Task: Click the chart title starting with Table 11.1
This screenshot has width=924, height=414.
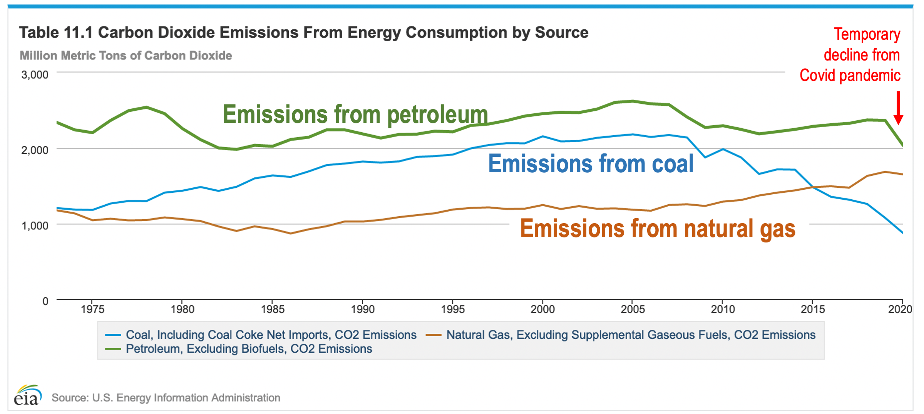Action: tap(303, 32)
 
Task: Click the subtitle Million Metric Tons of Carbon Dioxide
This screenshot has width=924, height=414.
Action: tap(126, 56)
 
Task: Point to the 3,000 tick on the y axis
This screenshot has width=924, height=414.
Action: tap(35, 74)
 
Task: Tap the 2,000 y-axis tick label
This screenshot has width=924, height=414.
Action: tap(35, 150)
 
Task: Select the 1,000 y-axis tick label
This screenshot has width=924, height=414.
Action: tap(35, 226)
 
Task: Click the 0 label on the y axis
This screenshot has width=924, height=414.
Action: tap(45, 301)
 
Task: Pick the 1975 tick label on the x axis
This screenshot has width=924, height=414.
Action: tap(92, 309)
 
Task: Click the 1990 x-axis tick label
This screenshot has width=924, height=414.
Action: tap(363, 309)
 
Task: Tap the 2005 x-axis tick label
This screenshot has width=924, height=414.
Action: tap(633, 309)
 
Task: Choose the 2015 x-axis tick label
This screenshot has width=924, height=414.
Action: tap(813, 309)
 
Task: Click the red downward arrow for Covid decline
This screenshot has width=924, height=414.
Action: tap(898, 108)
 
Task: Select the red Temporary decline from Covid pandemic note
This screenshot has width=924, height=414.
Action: tap(855, 55)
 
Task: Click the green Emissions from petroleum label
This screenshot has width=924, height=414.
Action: tap(355, 114)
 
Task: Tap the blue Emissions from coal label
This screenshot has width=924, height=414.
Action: tap(591, 164)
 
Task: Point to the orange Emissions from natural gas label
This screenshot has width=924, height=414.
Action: tap(658, 229)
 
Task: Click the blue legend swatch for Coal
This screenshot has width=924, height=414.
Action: tap(113, 335)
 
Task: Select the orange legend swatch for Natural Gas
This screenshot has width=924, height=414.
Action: tap(433, 335)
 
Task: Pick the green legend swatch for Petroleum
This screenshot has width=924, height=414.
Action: tap(113, 349)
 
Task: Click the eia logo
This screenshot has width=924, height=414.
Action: tap(27, 395)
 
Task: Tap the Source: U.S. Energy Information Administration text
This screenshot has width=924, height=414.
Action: tap(166, 397)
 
